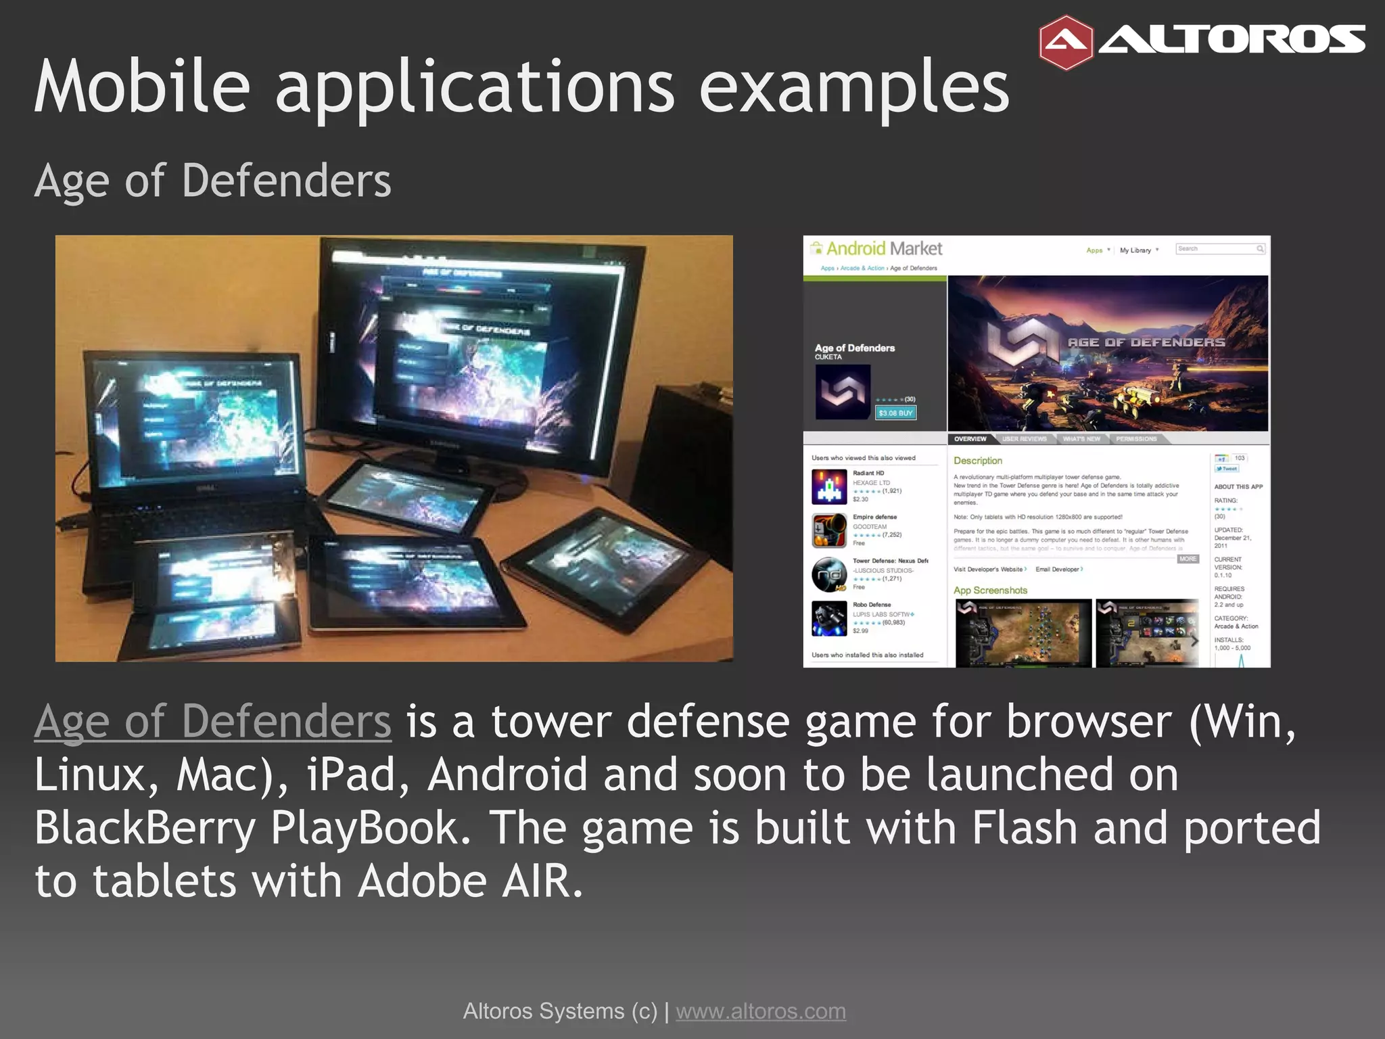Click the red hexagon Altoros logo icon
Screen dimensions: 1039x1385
(1066, 43)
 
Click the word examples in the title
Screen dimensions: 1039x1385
(853, 88)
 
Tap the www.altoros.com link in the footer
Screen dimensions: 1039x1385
(761, 1011)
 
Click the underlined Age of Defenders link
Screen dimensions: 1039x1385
(212, 722)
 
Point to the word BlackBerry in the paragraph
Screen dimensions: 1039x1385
(145, 828)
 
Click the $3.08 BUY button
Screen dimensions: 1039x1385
(895, 413)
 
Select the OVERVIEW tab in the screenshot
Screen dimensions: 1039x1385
(970, 439)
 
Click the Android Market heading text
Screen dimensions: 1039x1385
(883, 249)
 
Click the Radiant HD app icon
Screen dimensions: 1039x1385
(829, 487)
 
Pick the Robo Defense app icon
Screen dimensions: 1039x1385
(829, 618)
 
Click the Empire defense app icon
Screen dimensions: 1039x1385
(829, 530)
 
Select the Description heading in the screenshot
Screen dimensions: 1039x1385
(977, 461)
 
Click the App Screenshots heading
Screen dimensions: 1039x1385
(990, 591)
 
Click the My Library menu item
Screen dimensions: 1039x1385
(1135, 250)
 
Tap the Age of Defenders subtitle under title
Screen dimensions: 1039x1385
(212, 181)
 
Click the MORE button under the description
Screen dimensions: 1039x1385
(1188, 559)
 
